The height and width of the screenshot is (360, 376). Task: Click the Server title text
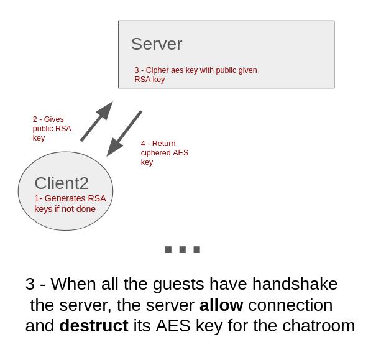156,44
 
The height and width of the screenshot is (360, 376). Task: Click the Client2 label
62,183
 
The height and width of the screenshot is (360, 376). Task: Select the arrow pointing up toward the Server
96,122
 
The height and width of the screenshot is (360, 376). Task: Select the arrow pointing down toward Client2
124,133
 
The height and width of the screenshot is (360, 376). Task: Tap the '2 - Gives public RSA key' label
52,128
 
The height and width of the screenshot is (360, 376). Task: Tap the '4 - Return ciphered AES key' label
164,152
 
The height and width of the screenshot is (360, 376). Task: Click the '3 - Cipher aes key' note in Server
195,75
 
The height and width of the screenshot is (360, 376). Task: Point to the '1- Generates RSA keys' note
70,203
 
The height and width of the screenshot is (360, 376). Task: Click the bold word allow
221,305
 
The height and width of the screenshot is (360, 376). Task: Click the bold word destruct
93,326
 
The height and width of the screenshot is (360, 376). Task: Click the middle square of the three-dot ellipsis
183,250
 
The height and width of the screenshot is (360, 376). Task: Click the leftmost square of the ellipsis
168,250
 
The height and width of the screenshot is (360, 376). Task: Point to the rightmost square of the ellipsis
197,250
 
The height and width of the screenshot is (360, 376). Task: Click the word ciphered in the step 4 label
155,153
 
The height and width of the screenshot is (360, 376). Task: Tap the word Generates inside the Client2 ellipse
65,198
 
